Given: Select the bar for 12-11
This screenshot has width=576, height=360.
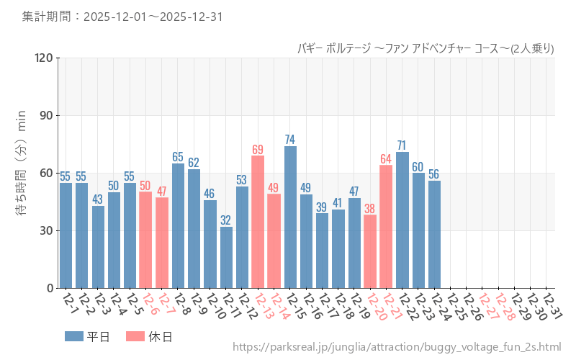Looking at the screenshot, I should click(x=226, y=257).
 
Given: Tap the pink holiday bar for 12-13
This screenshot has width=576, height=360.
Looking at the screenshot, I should click(x=258, y=222).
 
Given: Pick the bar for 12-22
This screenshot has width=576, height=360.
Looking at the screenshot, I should click(x=402, y=220).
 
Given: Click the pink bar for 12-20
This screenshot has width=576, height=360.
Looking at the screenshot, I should click(x=370, y=251).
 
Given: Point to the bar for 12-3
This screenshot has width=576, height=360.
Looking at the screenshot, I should click(x=98, y=247).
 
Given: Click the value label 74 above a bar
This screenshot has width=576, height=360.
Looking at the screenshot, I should click(x=290, y=139).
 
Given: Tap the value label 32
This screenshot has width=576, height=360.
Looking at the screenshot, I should click(x=226, y=220).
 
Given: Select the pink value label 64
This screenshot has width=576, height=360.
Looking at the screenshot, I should click(x=386, y=158).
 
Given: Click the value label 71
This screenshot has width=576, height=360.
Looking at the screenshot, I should click(x=402, y=145).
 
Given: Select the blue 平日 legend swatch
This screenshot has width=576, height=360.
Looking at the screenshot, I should click(x=73, y=336).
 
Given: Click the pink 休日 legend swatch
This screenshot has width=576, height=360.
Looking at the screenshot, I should click(x=135, y=336).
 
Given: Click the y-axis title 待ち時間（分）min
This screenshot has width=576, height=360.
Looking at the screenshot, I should click(x=21, y=173).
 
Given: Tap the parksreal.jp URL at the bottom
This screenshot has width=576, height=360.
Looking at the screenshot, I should click(x=397, y=348).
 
